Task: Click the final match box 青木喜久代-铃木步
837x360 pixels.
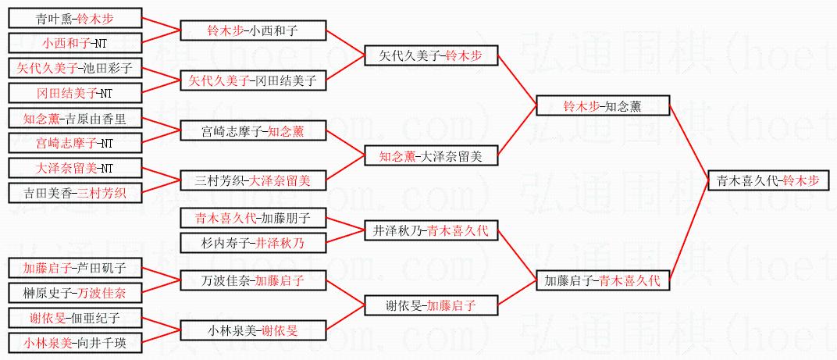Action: [x=768, y=181]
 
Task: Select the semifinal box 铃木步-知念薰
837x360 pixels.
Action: [x=602, y=106]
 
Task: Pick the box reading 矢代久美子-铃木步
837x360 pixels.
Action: [x=431, y=56]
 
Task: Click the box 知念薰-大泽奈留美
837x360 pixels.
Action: [x=431, y=156]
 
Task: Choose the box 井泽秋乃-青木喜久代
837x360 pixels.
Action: [x=431, y=230]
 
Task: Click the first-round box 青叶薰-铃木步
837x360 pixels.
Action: [x=76, y=19]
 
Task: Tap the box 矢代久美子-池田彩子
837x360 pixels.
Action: [x=76, y=69]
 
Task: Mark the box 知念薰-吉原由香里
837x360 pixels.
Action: [x=76, y=119]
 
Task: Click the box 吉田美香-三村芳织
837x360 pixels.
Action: [x=76, y=193]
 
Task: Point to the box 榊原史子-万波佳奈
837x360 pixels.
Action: [x=76, y=293]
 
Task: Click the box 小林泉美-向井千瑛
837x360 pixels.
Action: [x=76, y=343]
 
